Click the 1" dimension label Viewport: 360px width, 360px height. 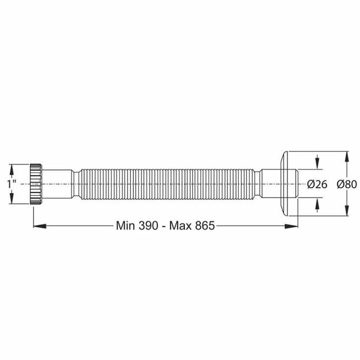point(12,184)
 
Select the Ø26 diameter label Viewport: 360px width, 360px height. point(317,184)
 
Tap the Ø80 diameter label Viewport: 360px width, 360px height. point(347,184)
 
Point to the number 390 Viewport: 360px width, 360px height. point(152,225)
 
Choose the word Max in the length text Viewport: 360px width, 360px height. point(182,225)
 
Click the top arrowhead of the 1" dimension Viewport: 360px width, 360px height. point(12,168)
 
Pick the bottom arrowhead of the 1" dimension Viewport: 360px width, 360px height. point(12,200)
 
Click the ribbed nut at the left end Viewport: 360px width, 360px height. point(37,184)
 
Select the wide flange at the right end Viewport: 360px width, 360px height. point(286,184)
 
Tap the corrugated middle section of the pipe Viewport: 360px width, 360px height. point(166,184)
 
